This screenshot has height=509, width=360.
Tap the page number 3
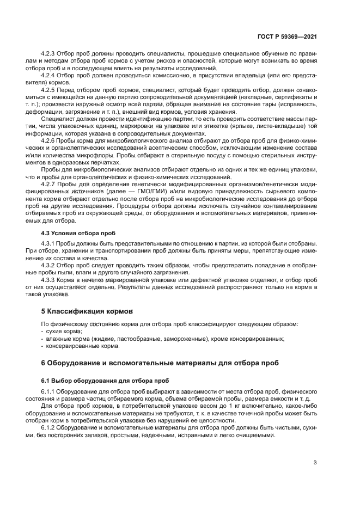click(x=315, y=463)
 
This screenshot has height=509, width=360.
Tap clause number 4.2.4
click(x=48, y=75)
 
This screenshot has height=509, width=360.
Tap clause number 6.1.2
click(x=48, y=429)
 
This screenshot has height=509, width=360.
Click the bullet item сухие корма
click(x=60, y=332)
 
